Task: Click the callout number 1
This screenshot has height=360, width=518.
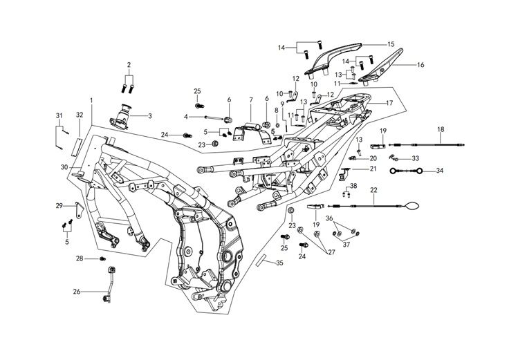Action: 91,100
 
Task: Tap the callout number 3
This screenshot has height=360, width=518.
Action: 149,115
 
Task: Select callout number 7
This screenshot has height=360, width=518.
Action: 250,100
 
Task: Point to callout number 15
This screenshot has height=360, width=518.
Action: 390,44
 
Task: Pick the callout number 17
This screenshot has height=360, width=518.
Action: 389,102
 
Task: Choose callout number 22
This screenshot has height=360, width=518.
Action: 373,189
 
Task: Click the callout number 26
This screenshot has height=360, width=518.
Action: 77,292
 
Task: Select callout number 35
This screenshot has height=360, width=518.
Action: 279,263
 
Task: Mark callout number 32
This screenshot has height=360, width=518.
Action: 80,114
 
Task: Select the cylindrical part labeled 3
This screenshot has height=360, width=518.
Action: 125,115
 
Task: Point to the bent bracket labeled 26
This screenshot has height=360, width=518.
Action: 109,283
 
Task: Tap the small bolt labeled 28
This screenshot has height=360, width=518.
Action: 103,258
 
